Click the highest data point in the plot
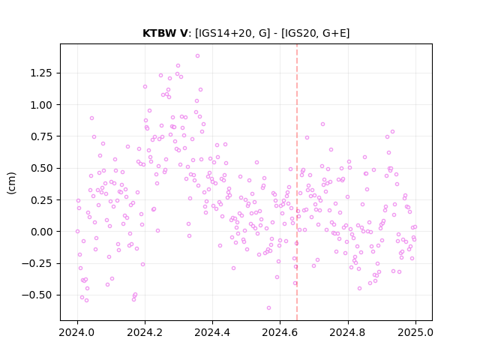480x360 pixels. (x=197, y=56)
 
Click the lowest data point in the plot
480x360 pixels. (x=268, y=308)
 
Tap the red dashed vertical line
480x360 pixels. (x=297, y=182)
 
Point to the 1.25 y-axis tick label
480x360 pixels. (x=41, y=73)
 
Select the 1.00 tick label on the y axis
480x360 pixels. (x=41, y=105)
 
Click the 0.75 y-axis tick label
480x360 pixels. (x=41, y=136)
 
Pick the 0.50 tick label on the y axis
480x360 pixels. (x=41, y=168)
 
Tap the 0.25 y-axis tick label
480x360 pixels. (x=41, y=200)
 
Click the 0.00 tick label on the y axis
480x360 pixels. (x=41, y=232)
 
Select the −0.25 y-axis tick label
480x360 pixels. (x=37, y=263)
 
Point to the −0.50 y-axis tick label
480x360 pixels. (x=37, y=295)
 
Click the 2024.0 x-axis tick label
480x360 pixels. (x=77, y=332)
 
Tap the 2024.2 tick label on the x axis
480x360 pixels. (x=145, y=332)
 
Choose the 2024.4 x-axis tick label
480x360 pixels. (x=212, y=332)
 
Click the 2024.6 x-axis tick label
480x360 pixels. (x=280, y=332)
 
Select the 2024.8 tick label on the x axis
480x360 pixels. (x=348, y=332)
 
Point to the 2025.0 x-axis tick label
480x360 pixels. (x=415, y=332)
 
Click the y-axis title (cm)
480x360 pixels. (x=11, y=183)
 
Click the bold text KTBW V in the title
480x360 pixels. (x=165, y=33)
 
